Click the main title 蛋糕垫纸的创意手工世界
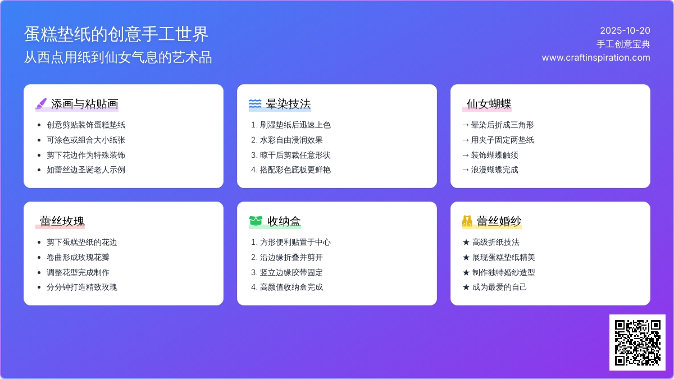116,34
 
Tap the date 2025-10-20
625,31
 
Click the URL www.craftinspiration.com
596,57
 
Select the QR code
637,343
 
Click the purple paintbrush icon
41,104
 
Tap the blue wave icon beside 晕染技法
255,104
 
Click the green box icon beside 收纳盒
256,221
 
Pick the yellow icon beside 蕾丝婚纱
467,221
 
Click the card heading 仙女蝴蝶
489,104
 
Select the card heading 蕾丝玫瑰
62,221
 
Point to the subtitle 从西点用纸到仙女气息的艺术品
117,57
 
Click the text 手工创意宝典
623,44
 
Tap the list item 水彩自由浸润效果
292,140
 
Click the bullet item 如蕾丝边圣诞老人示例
86,170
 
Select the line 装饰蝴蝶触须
494,155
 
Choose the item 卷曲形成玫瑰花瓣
78,257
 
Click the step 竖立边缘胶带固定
292,272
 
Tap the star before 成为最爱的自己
466,287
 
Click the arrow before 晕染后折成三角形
466,125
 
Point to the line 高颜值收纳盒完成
292,287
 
